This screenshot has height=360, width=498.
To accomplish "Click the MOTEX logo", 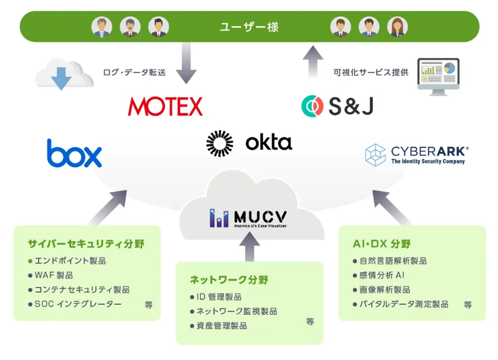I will (165, 106).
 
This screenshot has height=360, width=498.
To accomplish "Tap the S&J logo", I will (337, 106).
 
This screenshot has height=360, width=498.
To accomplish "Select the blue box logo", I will (74, 153).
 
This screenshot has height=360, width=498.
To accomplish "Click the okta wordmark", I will (269, 142).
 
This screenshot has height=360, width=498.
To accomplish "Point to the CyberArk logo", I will (417, 154).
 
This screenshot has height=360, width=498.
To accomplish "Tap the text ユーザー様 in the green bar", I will (249, 27).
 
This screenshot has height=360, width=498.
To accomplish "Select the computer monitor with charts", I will (438, 76).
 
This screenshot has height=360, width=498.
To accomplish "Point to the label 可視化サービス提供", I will (371, 72).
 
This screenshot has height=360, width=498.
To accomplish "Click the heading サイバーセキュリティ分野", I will (86, 244).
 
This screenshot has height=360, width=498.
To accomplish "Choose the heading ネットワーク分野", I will (229, 279).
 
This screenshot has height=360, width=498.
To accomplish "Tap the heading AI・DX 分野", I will (382, 244).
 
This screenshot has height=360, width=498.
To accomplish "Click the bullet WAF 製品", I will (53, 275).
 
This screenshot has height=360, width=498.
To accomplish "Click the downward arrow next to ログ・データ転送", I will (186, 68).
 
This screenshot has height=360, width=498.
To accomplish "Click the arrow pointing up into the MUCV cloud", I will (249, 246).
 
